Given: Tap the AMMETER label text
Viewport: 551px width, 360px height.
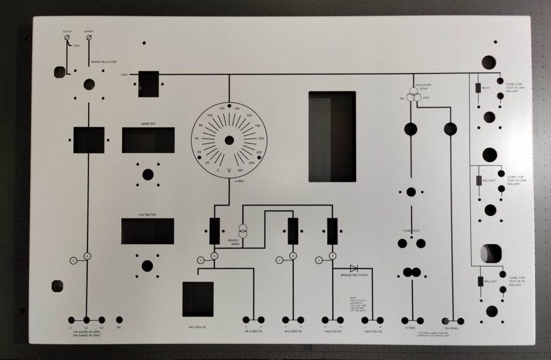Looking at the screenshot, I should coord(148,124).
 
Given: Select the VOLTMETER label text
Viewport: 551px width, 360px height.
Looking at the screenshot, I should coord(147,215).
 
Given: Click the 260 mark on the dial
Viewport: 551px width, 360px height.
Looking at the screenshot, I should coord(241,170).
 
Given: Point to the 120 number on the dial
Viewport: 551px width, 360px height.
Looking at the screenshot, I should coord(221,109).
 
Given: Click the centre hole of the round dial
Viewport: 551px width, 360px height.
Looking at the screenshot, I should coord(229,140).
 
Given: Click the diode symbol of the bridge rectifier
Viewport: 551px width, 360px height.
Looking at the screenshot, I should coord(354,268).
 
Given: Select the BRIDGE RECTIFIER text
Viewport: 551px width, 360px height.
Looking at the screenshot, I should coord(354,275).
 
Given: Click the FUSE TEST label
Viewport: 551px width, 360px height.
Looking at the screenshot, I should coord(411,231).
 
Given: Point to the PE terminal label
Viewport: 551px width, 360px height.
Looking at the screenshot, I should coord(119,327).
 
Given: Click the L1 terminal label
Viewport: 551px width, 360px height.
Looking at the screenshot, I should coord(71,327).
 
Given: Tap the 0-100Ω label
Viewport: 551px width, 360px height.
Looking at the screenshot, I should coord(411,327).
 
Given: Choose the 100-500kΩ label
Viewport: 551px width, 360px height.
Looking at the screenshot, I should coord(451,327).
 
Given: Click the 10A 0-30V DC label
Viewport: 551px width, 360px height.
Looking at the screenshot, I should coord(372,331).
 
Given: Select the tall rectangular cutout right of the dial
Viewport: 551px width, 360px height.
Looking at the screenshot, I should coord(331,136).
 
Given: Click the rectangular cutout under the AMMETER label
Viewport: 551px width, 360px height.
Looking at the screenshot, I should coord(148,140).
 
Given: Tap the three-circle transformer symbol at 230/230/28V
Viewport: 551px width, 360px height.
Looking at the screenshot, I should coord(413,96).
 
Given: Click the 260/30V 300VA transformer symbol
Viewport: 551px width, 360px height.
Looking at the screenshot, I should coord(243,232).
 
